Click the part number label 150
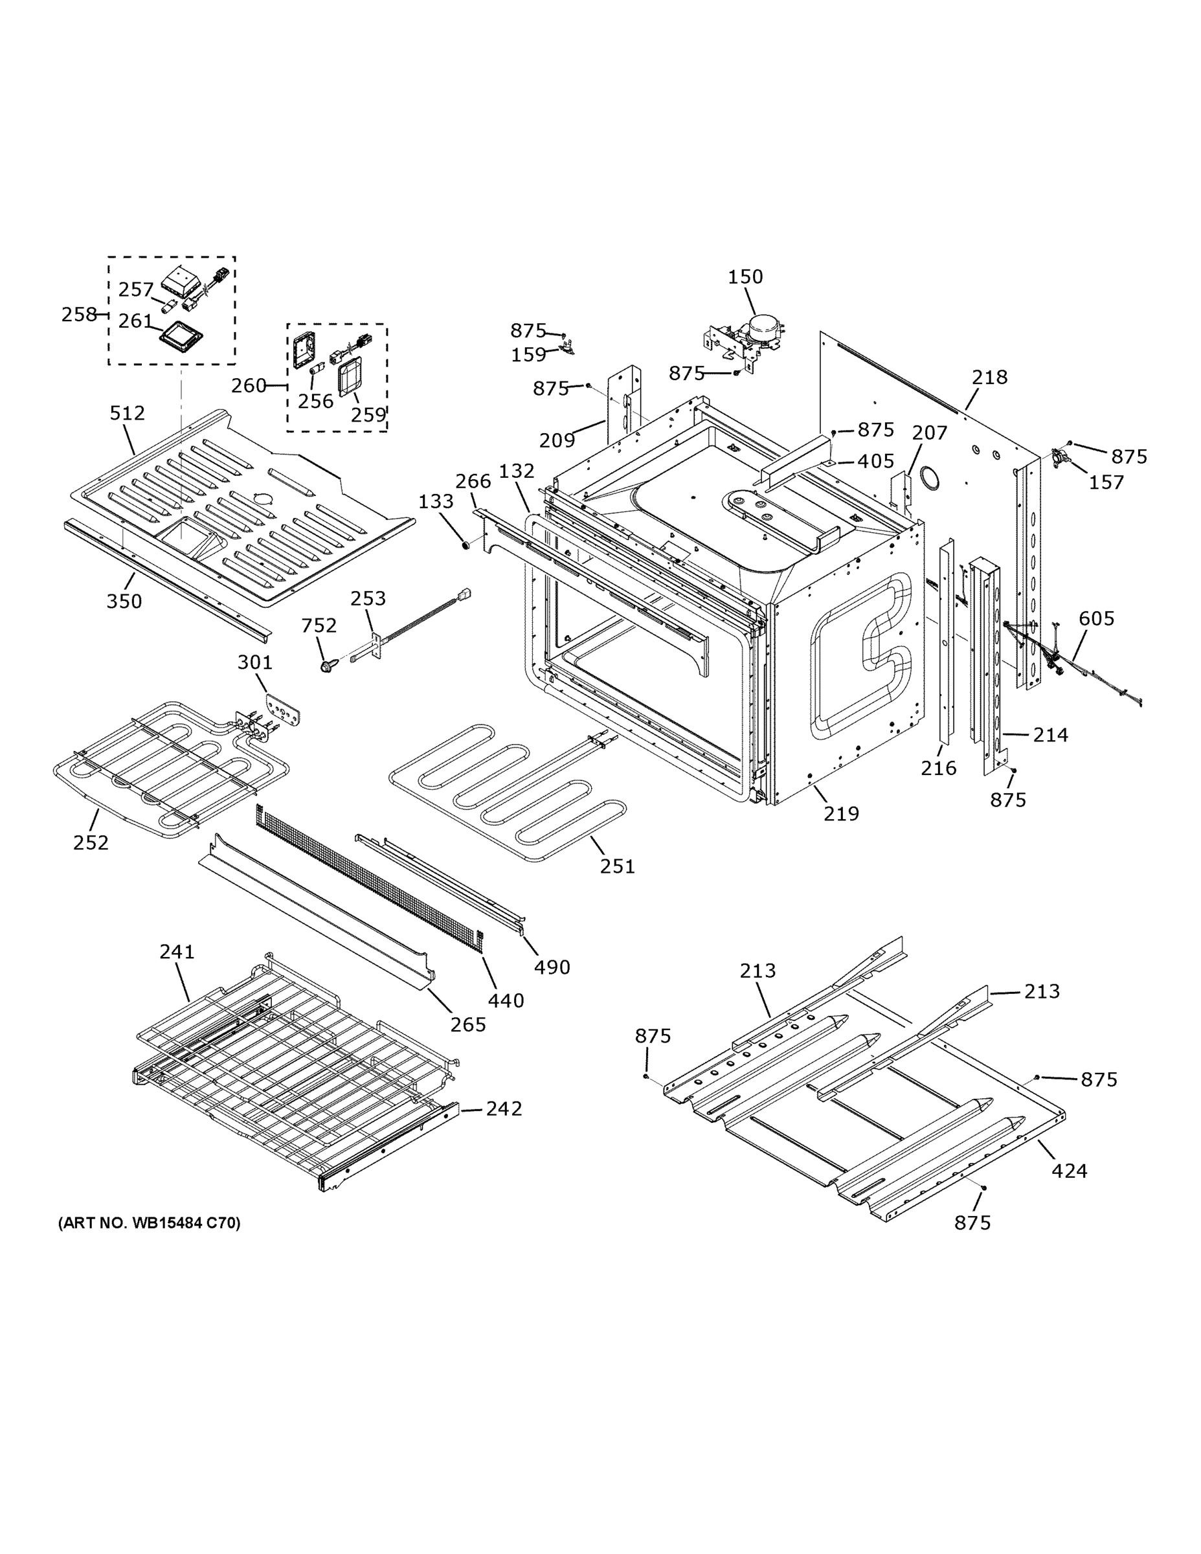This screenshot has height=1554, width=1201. click(x=745, y=276)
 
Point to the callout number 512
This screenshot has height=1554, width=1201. click(x=128, y=412)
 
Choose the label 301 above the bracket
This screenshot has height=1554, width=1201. click(x=254, y=662)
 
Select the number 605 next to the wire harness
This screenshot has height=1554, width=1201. click(x=1095, y=618)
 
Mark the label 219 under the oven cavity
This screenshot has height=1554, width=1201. click(x=841, y=813)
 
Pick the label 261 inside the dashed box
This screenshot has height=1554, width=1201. click(x=135, y=322)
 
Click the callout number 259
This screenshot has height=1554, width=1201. click(x=368, y=415)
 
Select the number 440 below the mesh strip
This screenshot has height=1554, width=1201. click(x=506, y=1000)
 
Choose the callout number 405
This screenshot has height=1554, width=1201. click(x=875, y=461)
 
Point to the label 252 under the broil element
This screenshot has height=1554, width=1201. click(x=91, y=842)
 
